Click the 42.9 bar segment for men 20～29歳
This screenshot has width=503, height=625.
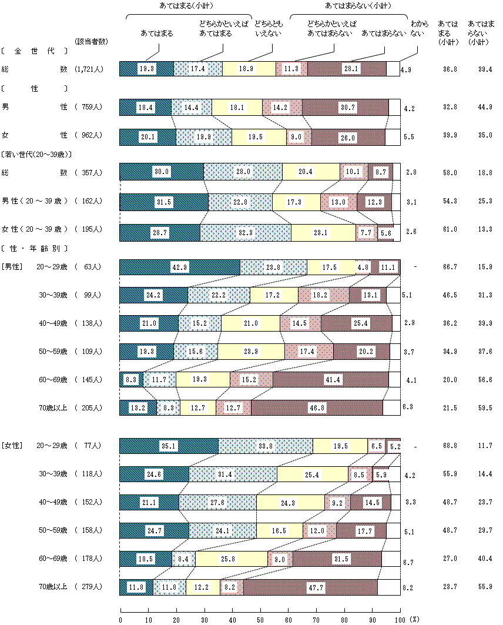(180, 266)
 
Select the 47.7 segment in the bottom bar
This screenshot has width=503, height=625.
(310, 587)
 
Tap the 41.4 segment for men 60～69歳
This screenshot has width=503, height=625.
(330, 379)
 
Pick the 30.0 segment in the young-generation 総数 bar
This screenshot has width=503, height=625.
(162, 171)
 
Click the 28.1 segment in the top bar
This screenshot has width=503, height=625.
(347, 69)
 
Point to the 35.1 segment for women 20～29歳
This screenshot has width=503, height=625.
(169, 446)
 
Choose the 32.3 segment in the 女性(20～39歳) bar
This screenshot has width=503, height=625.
(246, 233)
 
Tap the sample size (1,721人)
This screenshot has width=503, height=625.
(89, 69)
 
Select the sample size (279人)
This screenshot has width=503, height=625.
(89, 587)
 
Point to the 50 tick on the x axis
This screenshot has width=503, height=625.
(260, 619)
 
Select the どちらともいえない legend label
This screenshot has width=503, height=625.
(267, 29)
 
